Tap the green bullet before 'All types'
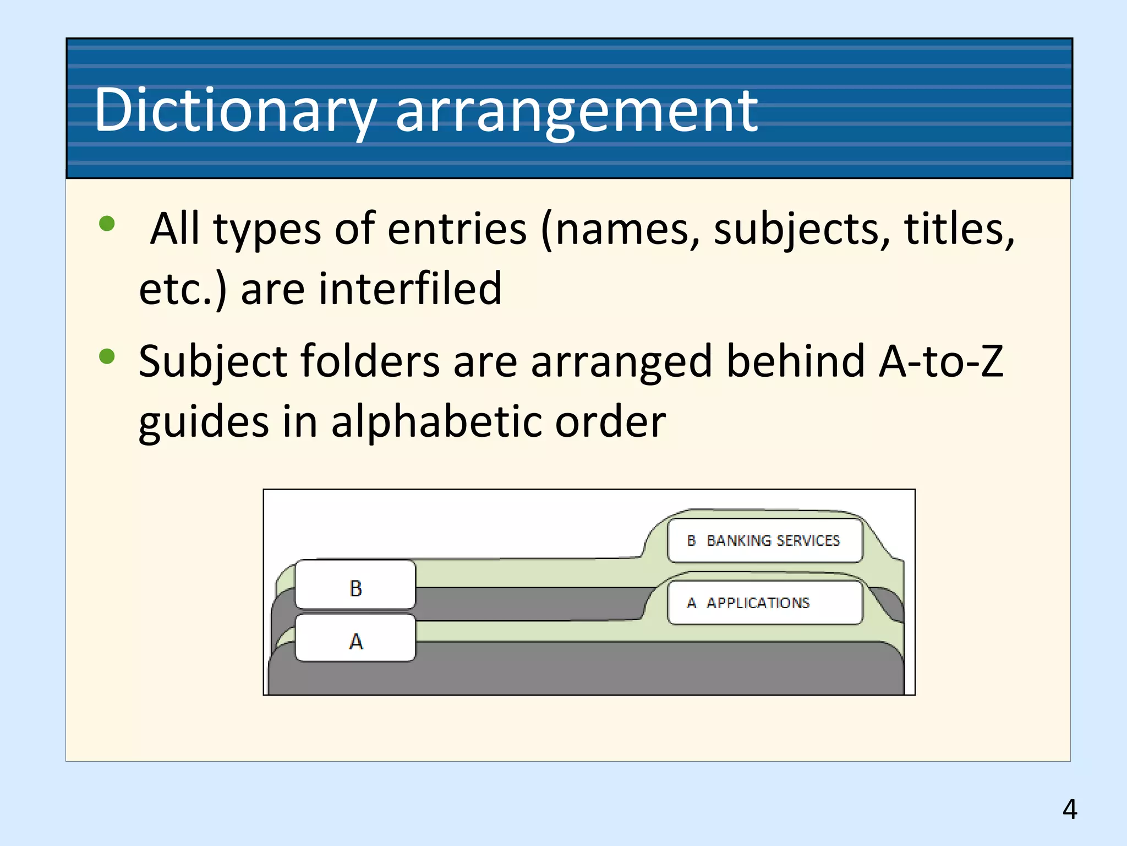(x=107, y=224)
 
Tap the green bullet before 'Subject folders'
(x=107, y=356)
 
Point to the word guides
(x=204, y=422)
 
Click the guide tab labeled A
(x=355, y=639)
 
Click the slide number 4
(x=1069, y=809)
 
